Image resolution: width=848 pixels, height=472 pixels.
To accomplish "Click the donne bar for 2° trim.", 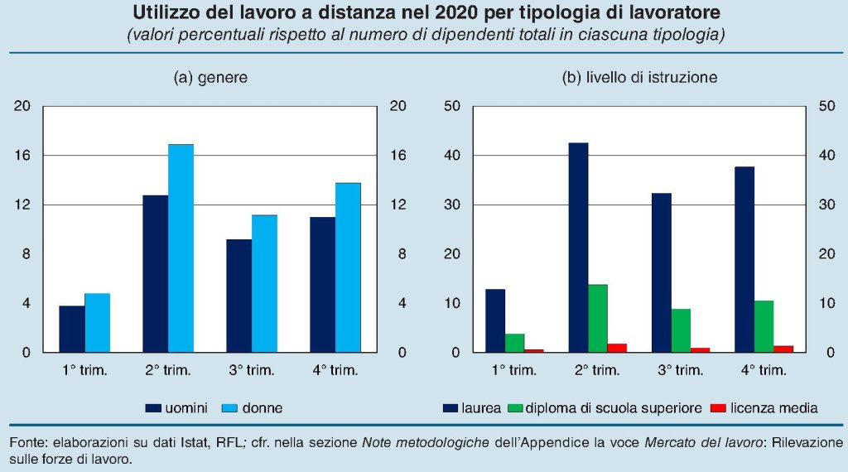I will tap(181, 248).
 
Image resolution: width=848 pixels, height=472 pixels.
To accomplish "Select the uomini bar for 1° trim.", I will tap(72, 329).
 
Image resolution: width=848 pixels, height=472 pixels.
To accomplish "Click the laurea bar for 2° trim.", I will tap(578, 248).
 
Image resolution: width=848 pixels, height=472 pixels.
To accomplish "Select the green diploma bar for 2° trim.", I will tap(598, 318).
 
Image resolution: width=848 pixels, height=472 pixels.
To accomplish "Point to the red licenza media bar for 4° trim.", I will tap(783, 349).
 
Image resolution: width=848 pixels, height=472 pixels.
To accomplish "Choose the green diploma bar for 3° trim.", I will tap(681, 330).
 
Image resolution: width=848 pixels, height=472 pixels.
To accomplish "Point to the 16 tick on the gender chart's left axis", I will tap(22, 156).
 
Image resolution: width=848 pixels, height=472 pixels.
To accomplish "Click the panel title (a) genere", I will tap(210, 78).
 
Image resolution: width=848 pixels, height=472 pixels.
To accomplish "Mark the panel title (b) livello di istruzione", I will tap(638, 78).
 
